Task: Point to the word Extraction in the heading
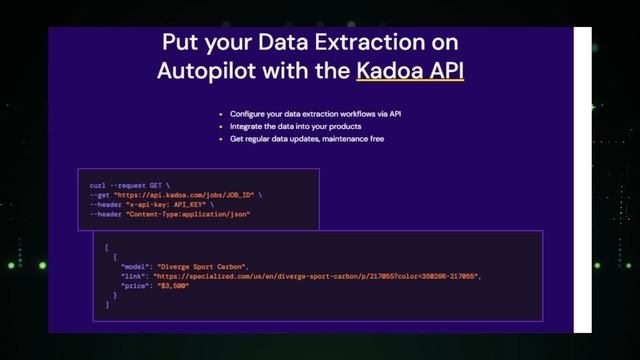tap(379, 43)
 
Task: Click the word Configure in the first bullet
tap(245, 114)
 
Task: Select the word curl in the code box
tap(98, 185)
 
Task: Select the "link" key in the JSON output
tap(133, 276)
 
